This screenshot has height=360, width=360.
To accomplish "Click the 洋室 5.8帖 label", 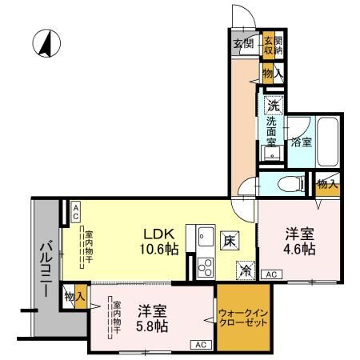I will coord(151,318).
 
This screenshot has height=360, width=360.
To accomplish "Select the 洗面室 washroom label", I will coord(272,131).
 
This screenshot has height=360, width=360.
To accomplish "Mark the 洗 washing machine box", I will coord(273,104).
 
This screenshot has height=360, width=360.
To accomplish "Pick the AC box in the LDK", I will coord(74,211).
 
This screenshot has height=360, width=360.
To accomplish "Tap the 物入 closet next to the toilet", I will coord(326,185).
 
